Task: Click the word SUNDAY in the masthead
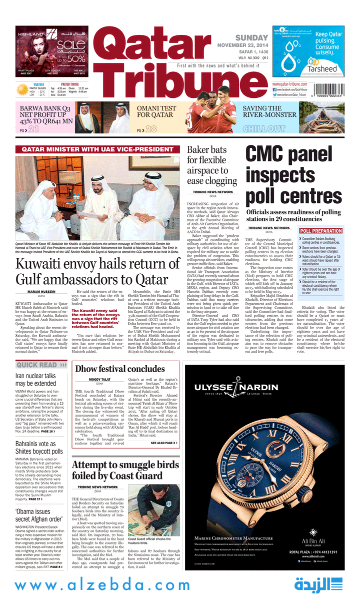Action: coord(252,38)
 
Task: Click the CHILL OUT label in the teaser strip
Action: coord(264,129)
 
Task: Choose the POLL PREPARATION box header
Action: coord(321,231)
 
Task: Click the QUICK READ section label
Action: coord(36,365)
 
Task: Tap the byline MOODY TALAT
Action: coord(99,380)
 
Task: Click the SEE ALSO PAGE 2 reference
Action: coord(163,443)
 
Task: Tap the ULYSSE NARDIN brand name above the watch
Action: coord(236,388)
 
